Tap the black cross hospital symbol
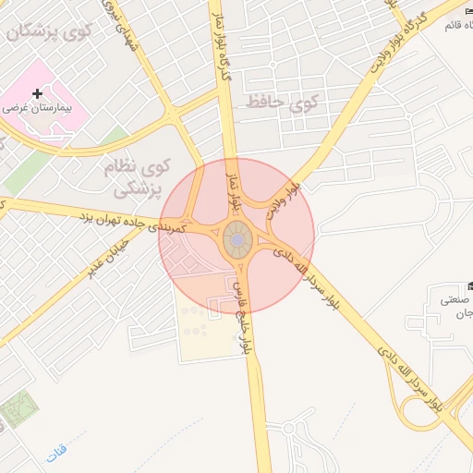tap(37, 94)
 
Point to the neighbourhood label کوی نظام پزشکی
tap(128, 179)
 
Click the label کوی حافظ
tap(277, 103)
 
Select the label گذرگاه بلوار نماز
tap(221, 42)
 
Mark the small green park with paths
tap(18, 407)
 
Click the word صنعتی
tap(451, 299)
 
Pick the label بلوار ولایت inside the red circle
tap(283, 200)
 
